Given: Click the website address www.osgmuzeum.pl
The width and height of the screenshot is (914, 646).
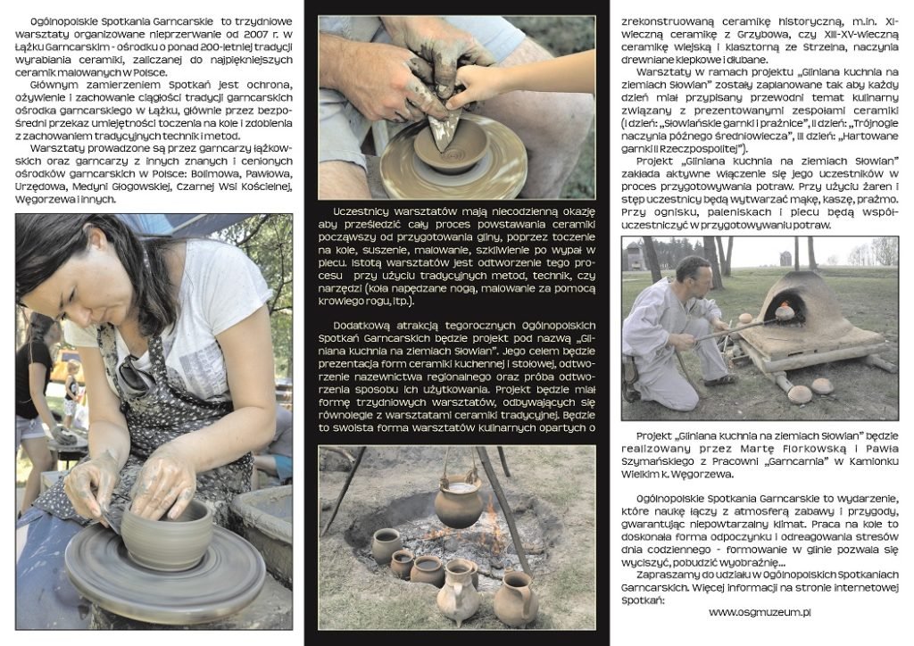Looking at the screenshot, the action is [x=760, y=612].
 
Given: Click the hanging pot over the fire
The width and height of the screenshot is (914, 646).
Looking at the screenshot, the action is [x=458, y=501].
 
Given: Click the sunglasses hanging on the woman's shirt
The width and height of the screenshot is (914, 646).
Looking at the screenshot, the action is [x=135, y=373].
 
